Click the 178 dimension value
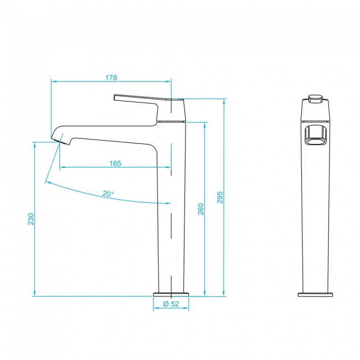[x=111, y=78]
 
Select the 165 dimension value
[x=115, y=163]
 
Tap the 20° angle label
[x=108, y=194]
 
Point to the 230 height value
[x=31, y=219]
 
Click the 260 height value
[x=201, y=209]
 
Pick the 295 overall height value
[x=220, y=197]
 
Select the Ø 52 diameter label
[x=171, y=304]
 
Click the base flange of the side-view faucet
[x=171, y=295]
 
